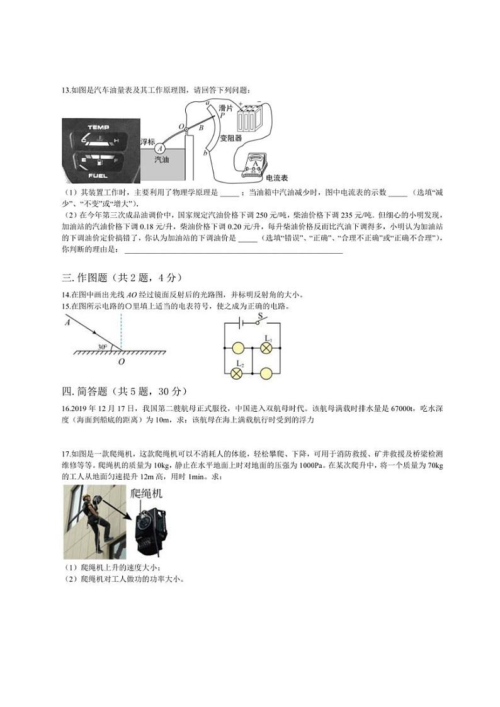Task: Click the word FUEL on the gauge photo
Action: click(98, 174)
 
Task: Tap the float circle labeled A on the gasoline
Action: click(160, 148)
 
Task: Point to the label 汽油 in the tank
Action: click(162, 160)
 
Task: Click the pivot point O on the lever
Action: click(186, 128)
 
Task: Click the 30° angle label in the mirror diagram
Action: click(101, 346)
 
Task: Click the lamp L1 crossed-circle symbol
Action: click(266, 348)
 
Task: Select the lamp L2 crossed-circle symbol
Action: click(237, 373)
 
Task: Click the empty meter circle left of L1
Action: click(237, 348)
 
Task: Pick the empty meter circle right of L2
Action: click(266, 373)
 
